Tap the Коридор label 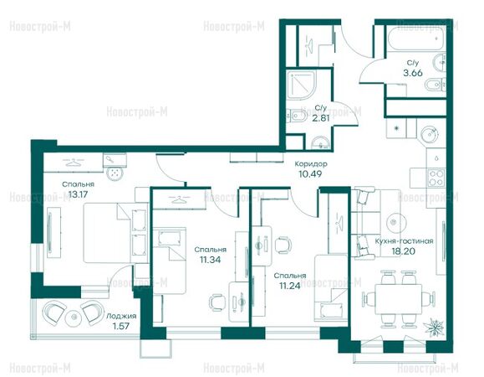click(311, 164)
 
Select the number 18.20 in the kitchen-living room click(404, 251)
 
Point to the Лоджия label click(121, 316)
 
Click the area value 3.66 click(413, 73)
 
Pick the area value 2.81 click(321, 118)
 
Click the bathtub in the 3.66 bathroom click(415, 39)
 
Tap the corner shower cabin click(301, 85)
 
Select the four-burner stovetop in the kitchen click(436, 178)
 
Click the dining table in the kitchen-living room click(399, 299)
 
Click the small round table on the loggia click(74, 318)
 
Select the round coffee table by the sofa click(394, 221)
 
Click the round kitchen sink click(430, 134)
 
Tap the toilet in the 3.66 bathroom click(436, 84)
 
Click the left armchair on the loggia click(54, 312)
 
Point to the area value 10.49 click(310, 174)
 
